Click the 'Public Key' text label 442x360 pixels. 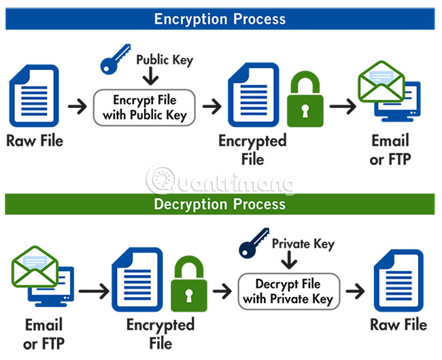click(165, 60)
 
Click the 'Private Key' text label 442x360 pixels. click(303, 243)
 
